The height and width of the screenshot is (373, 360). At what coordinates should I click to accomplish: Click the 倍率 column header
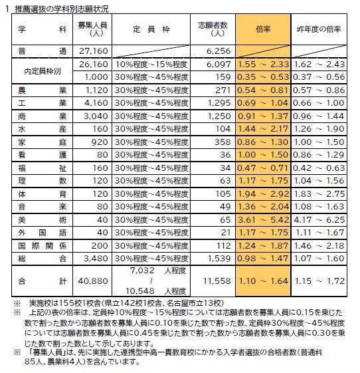[x=262, y=30]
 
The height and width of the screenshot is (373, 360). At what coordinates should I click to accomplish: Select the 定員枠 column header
[x=151, y=30]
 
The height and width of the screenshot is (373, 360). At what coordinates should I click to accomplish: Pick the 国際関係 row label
[x=33, y=245]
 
